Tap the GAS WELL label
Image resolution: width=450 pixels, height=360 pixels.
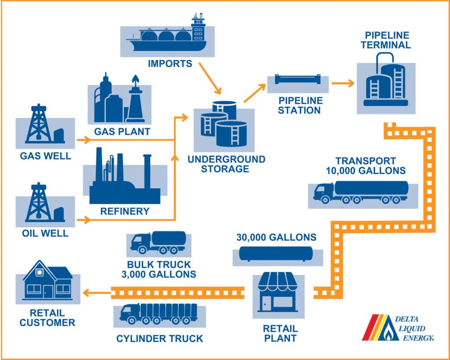[45, 156]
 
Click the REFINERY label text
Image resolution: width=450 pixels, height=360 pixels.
[125, 211]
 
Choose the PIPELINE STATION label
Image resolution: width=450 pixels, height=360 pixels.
[299, 105]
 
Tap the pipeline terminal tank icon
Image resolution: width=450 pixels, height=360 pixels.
[385, 82]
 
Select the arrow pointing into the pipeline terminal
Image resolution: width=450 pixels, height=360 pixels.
[343, 83]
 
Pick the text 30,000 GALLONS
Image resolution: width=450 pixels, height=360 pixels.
[276, 237]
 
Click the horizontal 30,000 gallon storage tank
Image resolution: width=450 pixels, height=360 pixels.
[276, 254]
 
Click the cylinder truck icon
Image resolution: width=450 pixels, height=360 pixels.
[158, 313]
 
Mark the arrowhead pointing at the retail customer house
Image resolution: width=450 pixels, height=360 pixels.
[87, 292]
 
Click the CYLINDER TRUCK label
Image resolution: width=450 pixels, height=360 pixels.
[160, 338]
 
